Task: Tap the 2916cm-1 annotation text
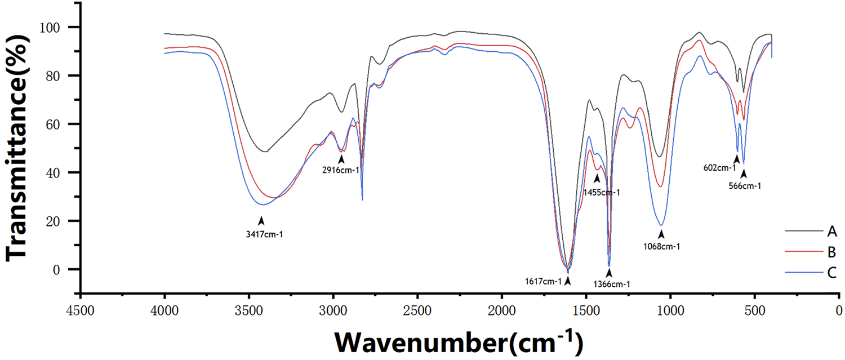coord(340,170)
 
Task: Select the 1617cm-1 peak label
coord(542,281)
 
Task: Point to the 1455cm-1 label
coord(601,192)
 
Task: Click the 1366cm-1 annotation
coord(611,285)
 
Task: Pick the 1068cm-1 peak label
coord(661,246)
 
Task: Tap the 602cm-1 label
coord(719,167)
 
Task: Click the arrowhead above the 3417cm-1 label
coord(261,221)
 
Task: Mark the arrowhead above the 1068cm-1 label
coord(661,233)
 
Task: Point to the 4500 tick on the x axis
coord(81,310)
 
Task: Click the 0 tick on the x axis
coord(838,310)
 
